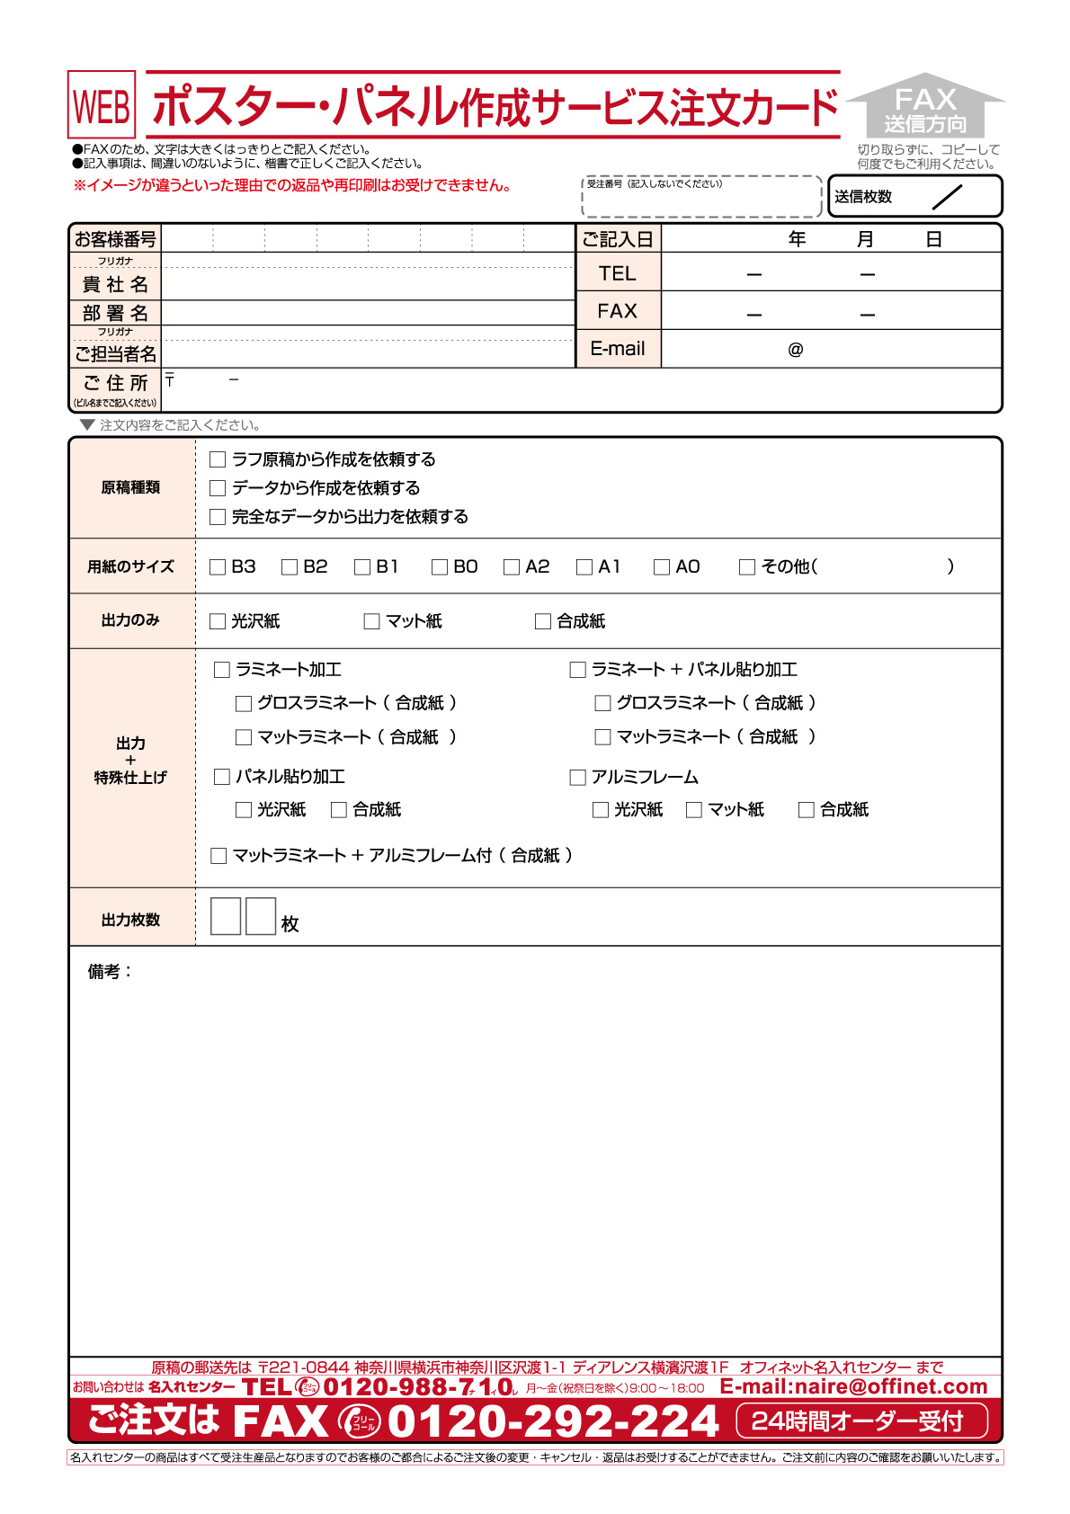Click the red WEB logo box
coord(102,105)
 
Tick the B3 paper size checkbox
coord(218,567)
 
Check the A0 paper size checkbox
coord(662,567)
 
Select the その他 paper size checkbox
coord(747,567)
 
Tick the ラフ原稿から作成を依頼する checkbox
coord(218,460)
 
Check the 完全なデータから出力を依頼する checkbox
coord(218,517)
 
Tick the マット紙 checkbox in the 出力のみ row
coord(372,621)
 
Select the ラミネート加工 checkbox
coord(222,670)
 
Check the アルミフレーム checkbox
coord(578,778)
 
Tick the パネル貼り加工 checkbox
coord(222,777)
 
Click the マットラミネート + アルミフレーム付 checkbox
coord(218,856)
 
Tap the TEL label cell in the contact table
coord(618,273)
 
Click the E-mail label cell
coord(618,349)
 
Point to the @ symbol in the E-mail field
coord(796,350)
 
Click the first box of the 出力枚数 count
coord(226,916)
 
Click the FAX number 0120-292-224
coord(553,1421)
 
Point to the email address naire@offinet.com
coord(853,1387)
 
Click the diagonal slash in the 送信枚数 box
coord(948,197)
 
